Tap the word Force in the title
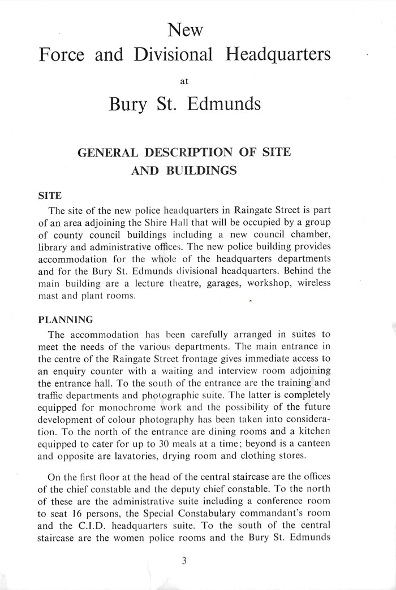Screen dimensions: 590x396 (62, 55)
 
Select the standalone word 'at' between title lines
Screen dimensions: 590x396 (183, 81)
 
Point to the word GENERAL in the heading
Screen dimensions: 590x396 (107, 153)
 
